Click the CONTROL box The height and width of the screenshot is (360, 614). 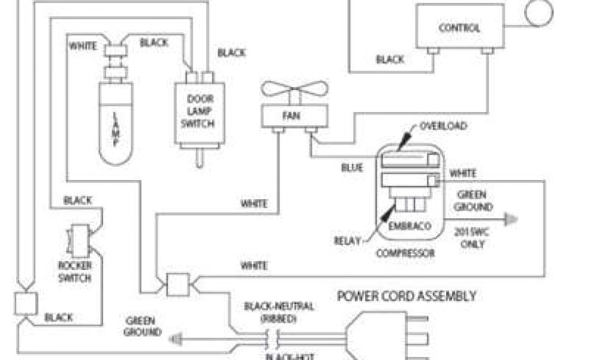click(459, 27)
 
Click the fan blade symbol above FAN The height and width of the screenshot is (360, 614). click(294, 92)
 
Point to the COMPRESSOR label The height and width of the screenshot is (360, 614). click(405, 253)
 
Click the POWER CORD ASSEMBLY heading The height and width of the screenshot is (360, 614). click(407, 296)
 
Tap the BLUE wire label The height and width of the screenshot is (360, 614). click(352, 168)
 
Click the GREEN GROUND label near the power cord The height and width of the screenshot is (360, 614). click(143, 326)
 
